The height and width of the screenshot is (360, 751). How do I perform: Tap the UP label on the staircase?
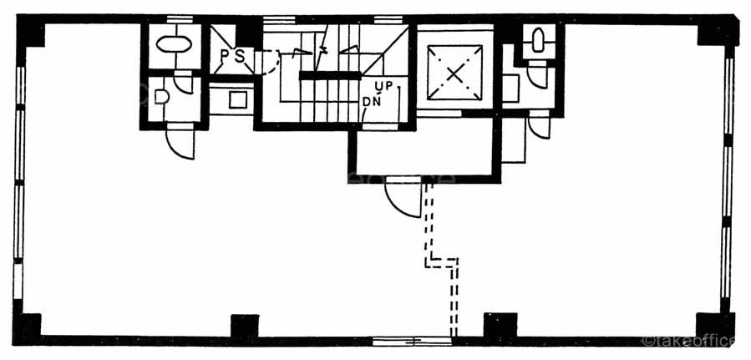tap(383, 86)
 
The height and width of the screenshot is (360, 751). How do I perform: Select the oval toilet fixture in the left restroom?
tap(174, 43)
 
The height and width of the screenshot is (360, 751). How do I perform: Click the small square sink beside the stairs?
tap(237, 99)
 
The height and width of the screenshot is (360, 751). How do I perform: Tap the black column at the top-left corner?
tap(31, 32)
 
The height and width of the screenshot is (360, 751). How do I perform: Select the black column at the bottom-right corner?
tap(715, 325)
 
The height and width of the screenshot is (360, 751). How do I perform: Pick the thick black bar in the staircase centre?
tap(330, 75)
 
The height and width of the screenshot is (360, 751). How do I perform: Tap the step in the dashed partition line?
tap(441, 262)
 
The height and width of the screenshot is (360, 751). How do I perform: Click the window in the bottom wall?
tap(410, 340)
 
